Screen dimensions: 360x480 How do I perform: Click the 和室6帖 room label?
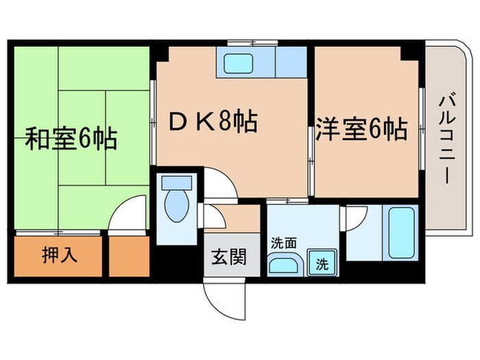[71, 140]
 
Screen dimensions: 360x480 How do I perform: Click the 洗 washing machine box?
[321, 262]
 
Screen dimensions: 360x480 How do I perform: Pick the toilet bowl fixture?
[176, 207]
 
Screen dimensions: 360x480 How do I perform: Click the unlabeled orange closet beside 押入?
[129, 256]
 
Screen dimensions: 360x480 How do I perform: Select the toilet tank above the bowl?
[176, 184]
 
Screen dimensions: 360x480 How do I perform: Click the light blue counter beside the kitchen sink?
[290, 62]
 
